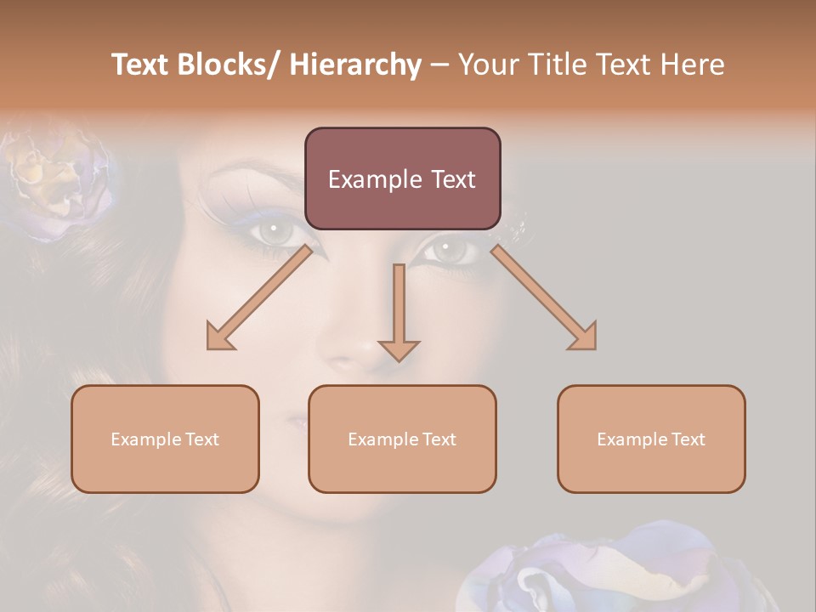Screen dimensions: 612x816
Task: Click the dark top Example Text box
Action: pos(402,178)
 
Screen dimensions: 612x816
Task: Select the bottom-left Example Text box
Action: pos(165,439)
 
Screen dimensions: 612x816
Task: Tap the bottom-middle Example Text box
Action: pos(402,439)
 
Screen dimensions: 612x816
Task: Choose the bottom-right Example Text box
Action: pos(651,439)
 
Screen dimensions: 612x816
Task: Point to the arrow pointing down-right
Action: pos(542,297)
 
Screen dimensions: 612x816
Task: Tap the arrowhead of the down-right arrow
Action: pos(585,337)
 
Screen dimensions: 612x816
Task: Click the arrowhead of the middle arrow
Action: pos(399,349)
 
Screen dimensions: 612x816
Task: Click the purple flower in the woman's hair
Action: pos(59,183)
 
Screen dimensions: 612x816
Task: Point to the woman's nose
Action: pos(357,340)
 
